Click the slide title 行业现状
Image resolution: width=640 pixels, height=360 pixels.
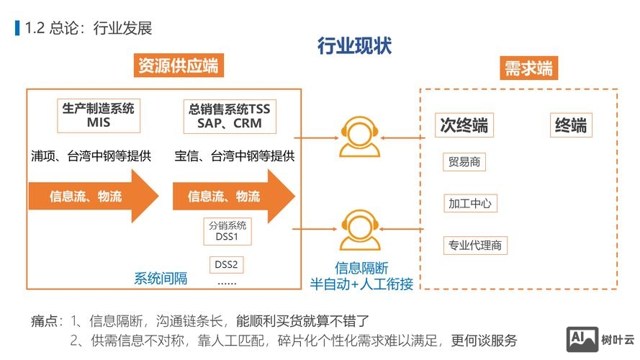pyautogui.click(x=355, y=45)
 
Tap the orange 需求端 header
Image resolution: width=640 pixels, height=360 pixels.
pyautogui.click(x=528, y=68)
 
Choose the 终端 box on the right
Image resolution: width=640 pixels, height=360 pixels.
pyautogui.click(x=570, y=126)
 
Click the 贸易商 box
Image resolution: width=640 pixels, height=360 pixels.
pyautogui.click(x=464, y=162)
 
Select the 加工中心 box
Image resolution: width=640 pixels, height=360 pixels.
pyautogui.click(x=469, y=204)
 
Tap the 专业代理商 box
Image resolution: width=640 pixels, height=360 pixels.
pyautogui.click(x=475, y=245)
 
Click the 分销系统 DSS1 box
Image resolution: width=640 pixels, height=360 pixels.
pyautogui.click(x=227, y=230)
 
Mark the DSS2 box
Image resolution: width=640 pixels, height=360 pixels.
pyautogui.click(x=225, y=264)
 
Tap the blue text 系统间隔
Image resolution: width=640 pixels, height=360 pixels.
pyautogui.click(x=161, y=279)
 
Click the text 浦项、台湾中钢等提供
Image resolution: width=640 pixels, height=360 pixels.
pyautogui.click(x=91, y=156)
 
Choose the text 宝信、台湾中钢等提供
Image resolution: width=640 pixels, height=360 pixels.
pyautogui.click(x=235, y=156)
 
